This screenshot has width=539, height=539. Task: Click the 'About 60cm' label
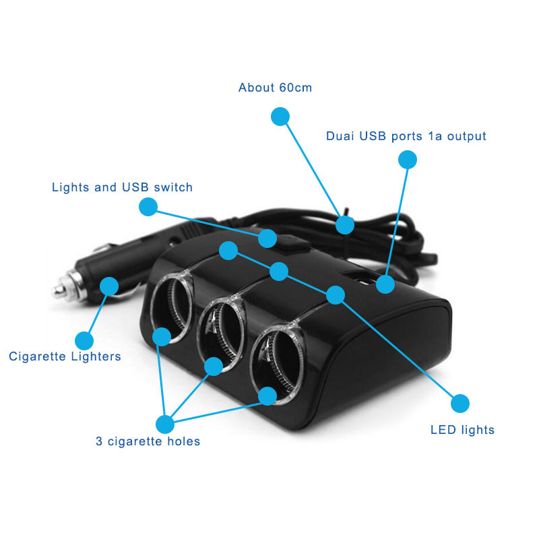pos(275,88)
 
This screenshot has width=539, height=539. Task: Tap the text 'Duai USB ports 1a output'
pos(406,136)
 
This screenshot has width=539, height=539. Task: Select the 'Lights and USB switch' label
pos(122,187)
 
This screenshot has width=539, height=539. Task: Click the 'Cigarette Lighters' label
pos(65,356)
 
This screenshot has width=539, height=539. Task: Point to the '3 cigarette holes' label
pos(148,442)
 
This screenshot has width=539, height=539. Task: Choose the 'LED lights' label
pos(462,430)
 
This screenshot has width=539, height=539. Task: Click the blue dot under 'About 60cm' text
pos(280,116)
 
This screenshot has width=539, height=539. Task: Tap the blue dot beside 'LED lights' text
pos(459,403)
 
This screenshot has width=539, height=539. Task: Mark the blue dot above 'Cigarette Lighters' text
pos(84,340)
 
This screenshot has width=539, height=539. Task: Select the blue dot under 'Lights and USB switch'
pos(148,206)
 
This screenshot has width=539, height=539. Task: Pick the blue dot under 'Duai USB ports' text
pos(408,160)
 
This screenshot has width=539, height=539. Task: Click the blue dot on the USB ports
pos(385,284)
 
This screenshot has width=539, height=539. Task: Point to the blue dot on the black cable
pos(345,225)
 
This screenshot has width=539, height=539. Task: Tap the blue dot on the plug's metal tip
pos(108,286)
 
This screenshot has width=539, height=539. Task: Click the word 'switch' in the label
pos(175,187)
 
